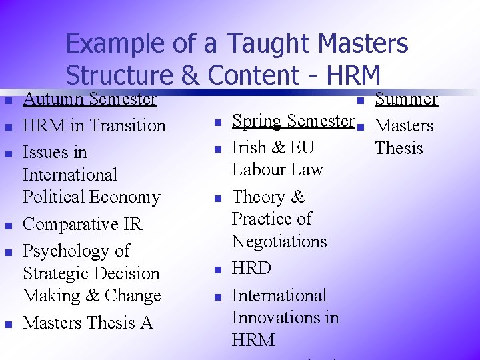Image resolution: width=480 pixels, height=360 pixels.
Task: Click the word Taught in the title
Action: [269, 44]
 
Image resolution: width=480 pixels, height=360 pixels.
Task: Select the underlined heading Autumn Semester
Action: [89, 99]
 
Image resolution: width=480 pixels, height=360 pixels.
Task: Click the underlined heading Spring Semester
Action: [293, 121]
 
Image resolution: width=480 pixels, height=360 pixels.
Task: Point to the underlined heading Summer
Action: [406, 99]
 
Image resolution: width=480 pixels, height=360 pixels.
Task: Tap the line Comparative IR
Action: [82, 224]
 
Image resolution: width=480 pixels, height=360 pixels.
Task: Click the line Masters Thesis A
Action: [87, 323]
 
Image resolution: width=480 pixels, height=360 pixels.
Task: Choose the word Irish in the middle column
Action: [249, 148]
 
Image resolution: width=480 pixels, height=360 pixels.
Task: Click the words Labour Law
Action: [277, 170]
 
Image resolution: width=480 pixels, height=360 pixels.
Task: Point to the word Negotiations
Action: [279, 241]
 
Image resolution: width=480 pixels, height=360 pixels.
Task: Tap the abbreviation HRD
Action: [251, 269]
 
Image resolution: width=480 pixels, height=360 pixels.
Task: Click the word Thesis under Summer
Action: [399, 148]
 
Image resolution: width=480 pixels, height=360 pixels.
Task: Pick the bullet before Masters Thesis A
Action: [8, 325]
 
